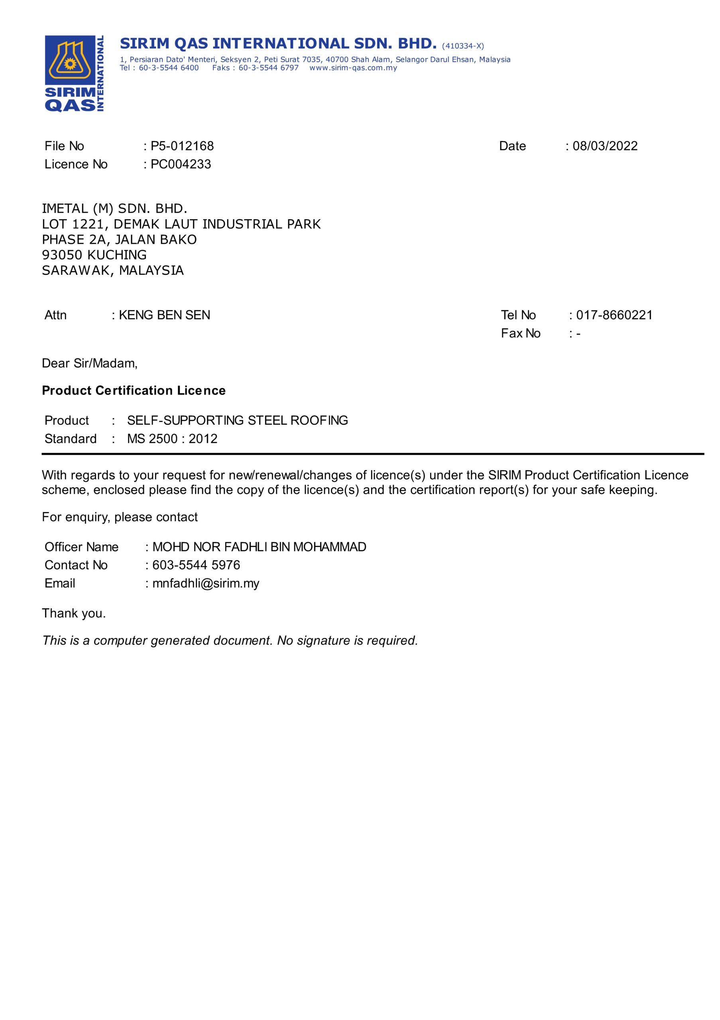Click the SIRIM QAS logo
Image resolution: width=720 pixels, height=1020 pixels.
[x=74, y=73]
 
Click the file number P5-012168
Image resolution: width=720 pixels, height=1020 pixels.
[x=182, y=146]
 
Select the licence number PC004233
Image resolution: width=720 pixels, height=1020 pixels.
[x=181, y=165]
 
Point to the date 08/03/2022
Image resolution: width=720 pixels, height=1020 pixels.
[x=605, y=146]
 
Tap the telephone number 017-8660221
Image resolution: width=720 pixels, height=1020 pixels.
[x=614, y=315]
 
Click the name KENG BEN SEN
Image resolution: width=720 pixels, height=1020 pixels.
[x=164, y=315]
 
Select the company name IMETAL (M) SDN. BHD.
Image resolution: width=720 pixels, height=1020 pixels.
[x=115, y=208]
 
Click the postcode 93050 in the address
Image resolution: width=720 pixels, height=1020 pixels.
[x=62, y=255]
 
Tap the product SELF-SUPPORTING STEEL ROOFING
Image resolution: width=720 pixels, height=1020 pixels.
[x=237, y=420]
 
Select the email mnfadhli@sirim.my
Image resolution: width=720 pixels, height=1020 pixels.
[x=206, y=583]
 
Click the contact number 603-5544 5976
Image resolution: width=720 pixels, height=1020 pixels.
[x=196, y=565]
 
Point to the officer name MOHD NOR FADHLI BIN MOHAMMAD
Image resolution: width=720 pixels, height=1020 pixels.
[x=259, y=547]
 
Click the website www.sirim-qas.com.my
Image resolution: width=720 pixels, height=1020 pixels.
[x=353, y=68]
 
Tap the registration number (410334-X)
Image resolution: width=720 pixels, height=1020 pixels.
[x=463, y=46]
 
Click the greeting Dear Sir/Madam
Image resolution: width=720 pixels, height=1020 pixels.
[x=90, y=363]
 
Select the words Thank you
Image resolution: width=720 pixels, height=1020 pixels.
[x=74, y=614]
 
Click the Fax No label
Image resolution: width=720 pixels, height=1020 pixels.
[x=520, y=333]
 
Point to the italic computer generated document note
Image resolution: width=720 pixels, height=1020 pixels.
[x=230, y=641]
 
